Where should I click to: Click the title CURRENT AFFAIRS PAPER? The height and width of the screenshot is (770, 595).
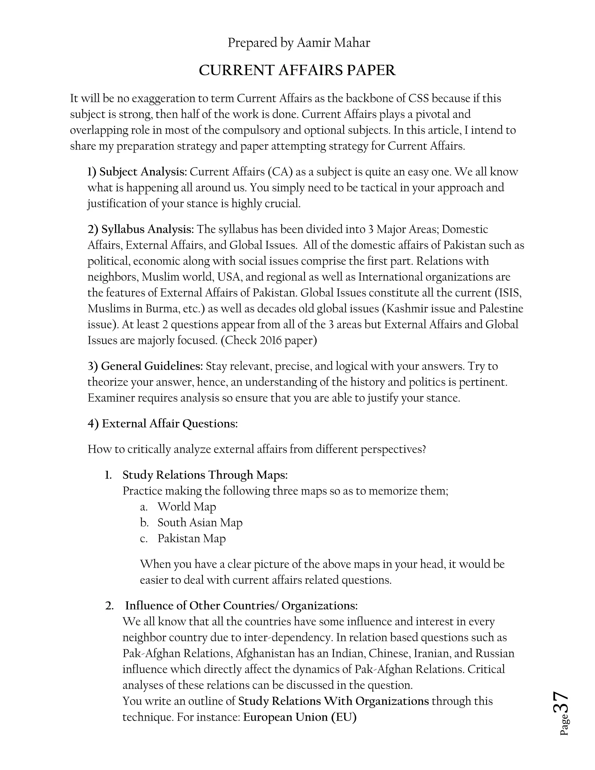click(297, 71)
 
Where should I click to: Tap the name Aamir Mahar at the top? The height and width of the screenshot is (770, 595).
click(333, 43)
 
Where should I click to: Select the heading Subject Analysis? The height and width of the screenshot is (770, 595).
click(143, 172)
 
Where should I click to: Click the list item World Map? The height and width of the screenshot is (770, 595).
click(187, 507)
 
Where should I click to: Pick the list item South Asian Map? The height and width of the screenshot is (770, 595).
click(200, 522)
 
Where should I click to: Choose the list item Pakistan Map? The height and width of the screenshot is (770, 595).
click(191, 538)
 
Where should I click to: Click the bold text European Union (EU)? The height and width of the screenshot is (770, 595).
click(300, 717)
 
